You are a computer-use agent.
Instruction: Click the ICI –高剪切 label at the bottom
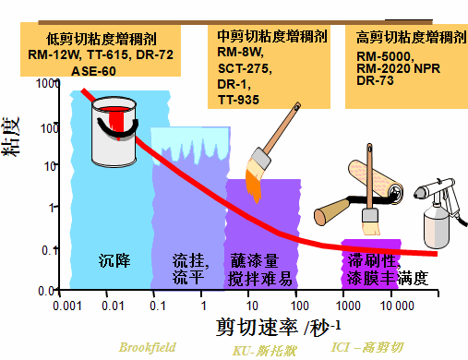[x=368, y=348]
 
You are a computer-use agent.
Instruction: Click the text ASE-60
[x=92, y=70]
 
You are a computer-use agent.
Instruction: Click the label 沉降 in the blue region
[x=115, y=260]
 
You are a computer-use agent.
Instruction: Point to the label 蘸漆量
[x=253, y=260]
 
